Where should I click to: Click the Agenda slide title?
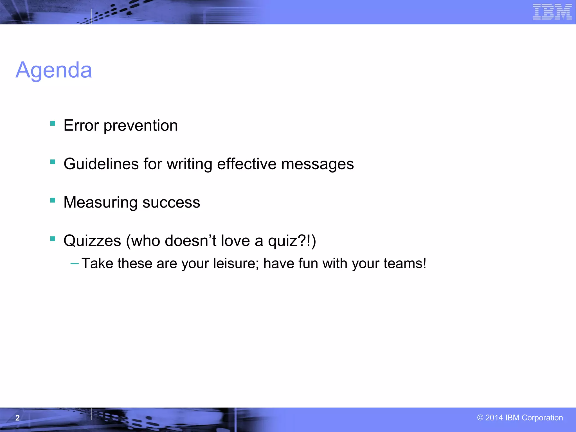click(54, 70)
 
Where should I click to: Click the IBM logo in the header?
click(552, 12)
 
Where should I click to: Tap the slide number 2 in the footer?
click(17, 418)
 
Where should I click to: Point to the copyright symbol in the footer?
click(480, 418)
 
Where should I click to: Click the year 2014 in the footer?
click(494, 418)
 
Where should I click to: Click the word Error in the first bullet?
click(81, 125)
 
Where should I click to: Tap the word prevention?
click(141, 126)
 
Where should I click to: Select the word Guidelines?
click(101, 164)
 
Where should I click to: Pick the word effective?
click(247, 164)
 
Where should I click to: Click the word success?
click(171, 202)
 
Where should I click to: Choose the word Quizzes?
click(92, 241)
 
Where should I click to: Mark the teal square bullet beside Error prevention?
click(53, 123)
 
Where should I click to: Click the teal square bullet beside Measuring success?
click(53, 200)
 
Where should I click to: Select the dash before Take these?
click(75, 264)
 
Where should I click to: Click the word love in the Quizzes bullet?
click(235, 241)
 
